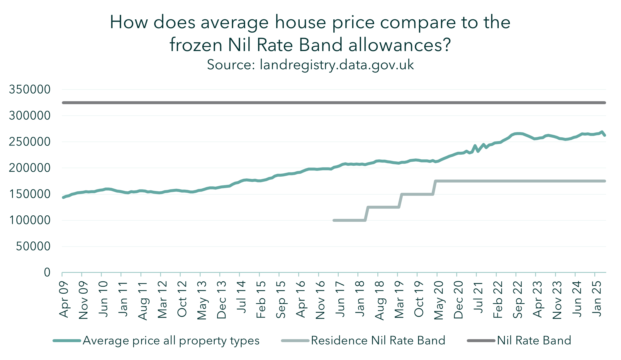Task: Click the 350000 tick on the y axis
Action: click(x=30, y=89)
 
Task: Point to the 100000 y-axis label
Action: click(x=30, y=220)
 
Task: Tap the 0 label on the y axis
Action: click(x=47, y=273)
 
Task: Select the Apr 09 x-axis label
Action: click(x=64, y=300)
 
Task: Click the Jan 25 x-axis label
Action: click(x=596, y=299)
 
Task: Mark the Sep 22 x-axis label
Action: click(x=517, y=300)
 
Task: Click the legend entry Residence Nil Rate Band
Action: click(x=378, y=341)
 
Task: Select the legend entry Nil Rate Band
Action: click(x=534, y=341)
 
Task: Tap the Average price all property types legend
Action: click(x=171, y=341)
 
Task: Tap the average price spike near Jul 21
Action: click(x=475, y=146)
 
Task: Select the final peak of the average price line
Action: click(x=602, y=132)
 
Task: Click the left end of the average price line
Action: click(x=63, y=197)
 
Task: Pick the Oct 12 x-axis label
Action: click(x=182, y=299)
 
